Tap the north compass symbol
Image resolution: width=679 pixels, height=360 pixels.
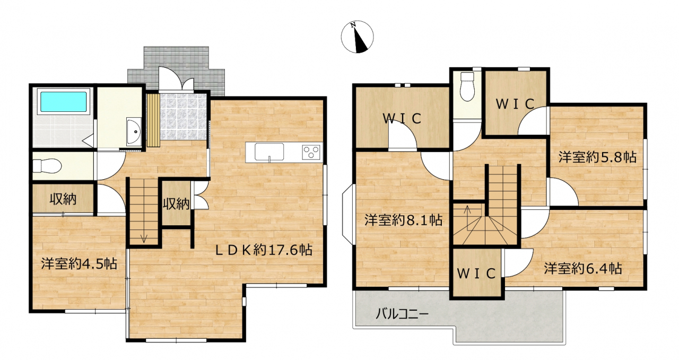358,37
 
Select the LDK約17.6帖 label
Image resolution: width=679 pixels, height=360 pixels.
264,250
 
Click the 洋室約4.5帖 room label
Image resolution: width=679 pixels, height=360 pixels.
79,264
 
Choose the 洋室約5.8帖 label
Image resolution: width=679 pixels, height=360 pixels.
597,157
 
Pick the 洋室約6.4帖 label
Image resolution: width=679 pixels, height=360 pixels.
582,268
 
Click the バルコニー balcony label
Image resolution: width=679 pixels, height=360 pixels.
402,314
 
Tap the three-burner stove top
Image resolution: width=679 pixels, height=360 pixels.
311,152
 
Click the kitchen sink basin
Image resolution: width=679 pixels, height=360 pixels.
269,152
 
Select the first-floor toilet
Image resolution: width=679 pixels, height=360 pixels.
47,166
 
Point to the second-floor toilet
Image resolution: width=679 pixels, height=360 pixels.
467,86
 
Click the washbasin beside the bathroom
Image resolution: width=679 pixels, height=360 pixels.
134,131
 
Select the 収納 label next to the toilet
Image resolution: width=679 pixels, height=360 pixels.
63,199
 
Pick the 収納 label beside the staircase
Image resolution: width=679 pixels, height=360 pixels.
176,204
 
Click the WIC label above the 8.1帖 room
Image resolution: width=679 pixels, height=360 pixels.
402,118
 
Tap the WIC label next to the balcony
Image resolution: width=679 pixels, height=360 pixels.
476,274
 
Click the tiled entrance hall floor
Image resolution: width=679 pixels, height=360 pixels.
184,117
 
